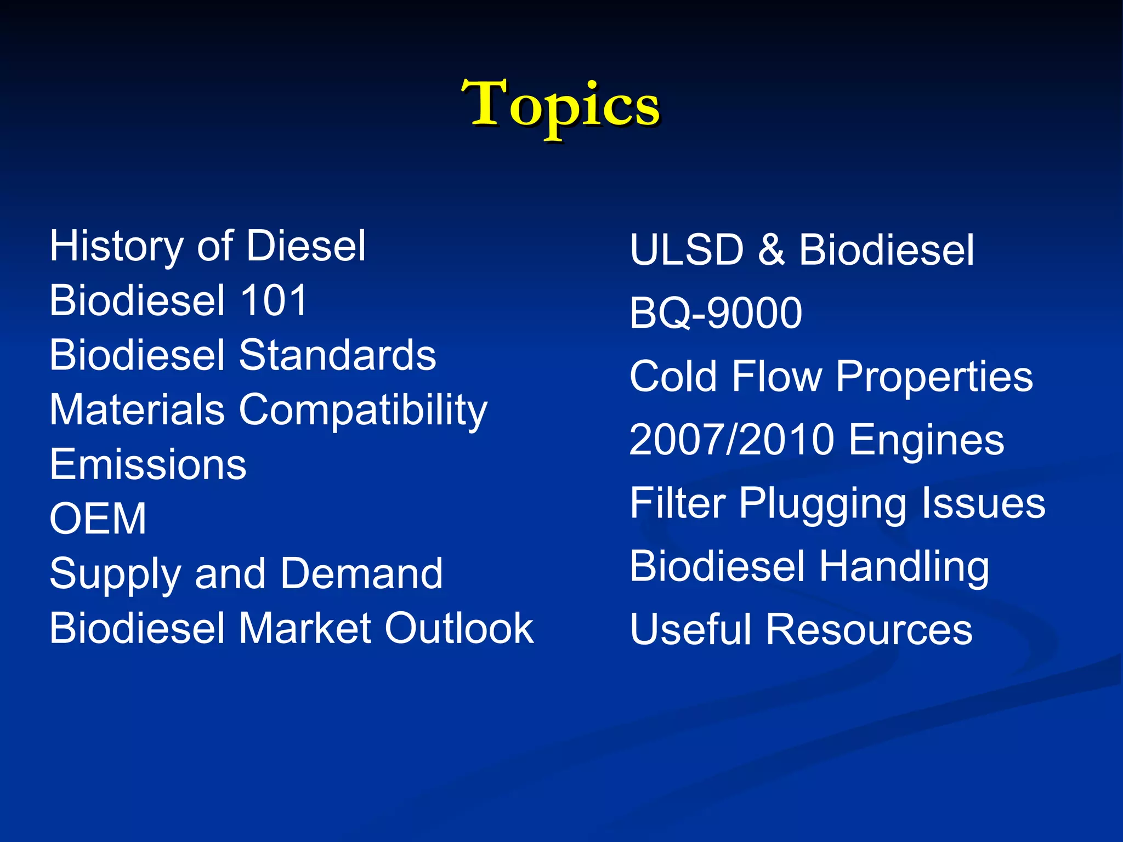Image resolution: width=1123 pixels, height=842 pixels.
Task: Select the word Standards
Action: point(337,355)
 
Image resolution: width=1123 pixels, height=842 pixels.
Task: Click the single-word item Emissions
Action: point(148,465)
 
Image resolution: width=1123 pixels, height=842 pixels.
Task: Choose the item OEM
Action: point(98,519)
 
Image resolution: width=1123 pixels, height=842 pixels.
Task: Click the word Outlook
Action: point(458,628)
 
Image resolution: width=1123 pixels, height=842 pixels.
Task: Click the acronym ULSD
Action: point(687,251)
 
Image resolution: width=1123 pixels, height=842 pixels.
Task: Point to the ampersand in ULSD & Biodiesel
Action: point(771,251)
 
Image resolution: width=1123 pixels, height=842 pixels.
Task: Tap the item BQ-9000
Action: point(716,314)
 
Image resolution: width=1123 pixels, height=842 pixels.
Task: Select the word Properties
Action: point(934,378)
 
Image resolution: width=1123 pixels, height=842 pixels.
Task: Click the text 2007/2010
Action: point(731,440)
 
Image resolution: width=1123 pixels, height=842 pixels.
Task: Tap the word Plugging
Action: point(823,504)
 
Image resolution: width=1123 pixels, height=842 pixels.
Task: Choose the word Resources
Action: point(869,630)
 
